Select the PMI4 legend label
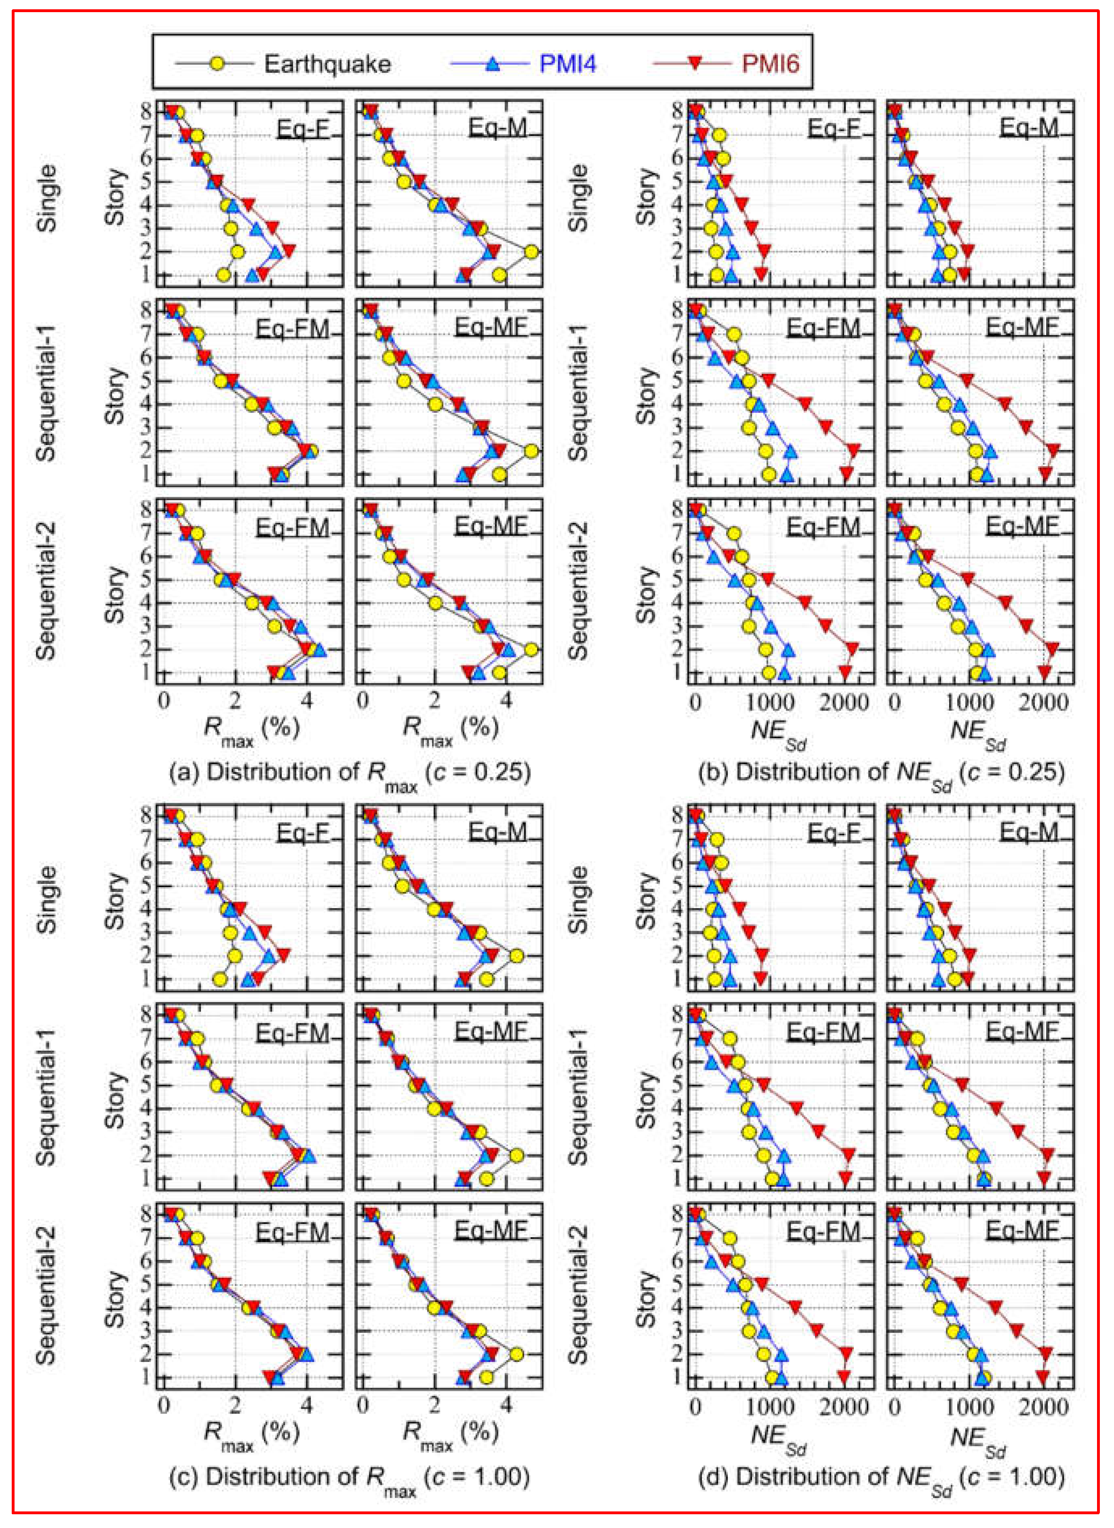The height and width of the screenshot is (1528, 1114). tap(567, 64)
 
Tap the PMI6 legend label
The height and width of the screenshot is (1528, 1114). tap(770, 64)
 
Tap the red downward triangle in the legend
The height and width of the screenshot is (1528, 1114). tap(695, 64)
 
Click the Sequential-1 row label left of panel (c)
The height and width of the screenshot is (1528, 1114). tap(46, 1098)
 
